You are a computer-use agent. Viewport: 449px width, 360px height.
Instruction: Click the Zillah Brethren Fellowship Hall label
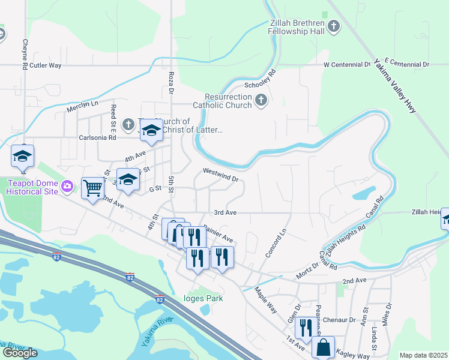[x=297, y=26]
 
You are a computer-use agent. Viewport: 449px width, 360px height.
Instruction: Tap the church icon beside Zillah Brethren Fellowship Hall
[x=334, y=26]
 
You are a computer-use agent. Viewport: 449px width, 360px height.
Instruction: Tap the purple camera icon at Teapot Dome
[x=68, y=187]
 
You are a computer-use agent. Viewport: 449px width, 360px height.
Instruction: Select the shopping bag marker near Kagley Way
[x=323, y=347]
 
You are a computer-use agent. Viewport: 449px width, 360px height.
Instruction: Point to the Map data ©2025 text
[x=423, y=355]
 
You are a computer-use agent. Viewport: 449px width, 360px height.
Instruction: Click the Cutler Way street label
[x=46, y=65]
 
